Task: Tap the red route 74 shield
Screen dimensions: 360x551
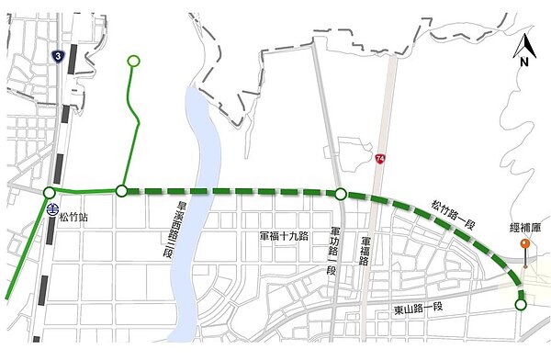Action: point(380,160)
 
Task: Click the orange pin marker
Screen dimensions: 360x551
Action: point(523,243)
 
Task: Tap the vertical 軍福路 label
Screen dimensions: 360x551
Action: point(364,247)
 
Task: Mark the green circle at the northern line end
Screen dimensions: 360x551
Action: point(133,62)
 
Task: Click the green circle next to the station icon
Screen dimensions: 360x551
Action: point(48,192)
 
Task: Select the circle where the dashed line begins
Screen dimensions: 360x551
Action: point(121,191)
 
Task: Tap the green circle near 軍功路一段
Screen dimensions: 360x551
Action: point(341,194)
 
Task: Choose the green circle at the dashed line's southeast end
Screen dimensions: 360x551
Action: point(521,305)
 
